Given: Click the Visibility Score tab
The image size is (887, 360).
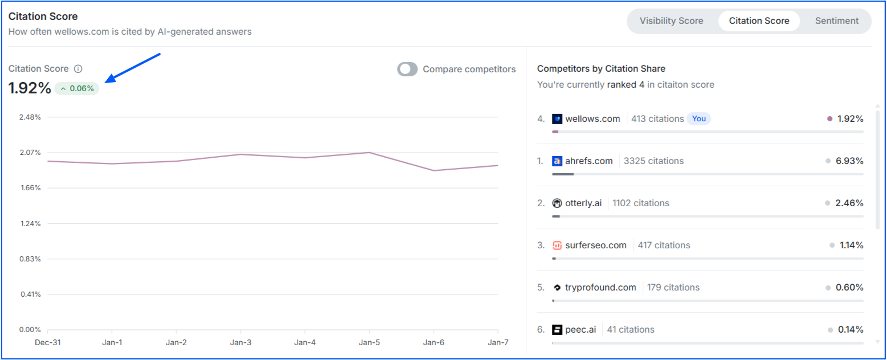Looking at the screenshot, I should coord(671,21).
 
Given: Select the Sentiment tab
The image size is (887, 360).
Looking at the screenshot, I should coord(836,21).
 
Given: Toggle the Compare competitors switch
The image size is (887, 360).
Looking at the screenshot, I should coord(407,69).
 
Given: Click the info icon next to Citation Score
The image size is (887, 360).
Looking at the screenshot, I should coord(79,69).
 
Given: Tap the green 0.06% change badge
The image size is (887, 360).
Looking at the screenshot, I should coord(77,89).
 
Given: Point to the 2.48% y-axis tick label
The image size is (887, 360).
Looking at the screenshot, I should coord(30,117).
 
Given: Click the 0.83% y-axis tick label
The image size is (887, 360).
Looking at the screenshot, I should coord(30,259).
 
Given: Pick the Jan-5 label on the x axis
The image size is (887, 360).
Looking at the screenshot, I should coord(369,342).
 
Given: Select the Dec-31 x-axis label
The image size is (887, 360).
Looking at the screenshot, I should coord(47,342).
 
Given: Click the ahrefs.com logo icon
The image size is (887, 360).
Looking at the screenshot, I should coord(557,161).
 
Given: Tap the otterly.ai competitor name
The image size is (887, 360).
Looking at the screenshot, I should coord(583,203).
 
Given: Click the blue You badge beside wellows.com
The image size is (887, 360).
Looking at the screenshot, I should coord(699,119).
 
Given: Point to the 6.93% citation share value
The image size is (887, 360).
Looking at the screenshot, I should coord(849,161).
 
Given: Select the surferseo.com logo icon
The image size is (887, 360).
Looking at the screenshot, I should coord(557,246).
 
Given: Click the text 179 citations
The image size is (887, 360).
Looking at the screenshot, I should coord(673,288).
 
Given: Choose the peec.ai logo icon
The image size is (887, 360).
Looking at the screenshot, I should coord(557,330).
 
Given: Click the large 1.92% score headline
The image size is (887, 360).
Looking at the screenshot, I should coord(30,89).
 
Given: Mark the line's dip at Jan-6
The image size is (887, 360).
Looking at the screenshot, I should coord(434,170).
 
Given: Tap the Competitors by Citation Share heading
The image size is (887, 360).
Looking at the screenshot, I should coord(601,69).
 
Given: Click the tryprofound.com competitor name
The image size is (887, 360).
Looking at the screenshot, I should coord(600,288).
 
